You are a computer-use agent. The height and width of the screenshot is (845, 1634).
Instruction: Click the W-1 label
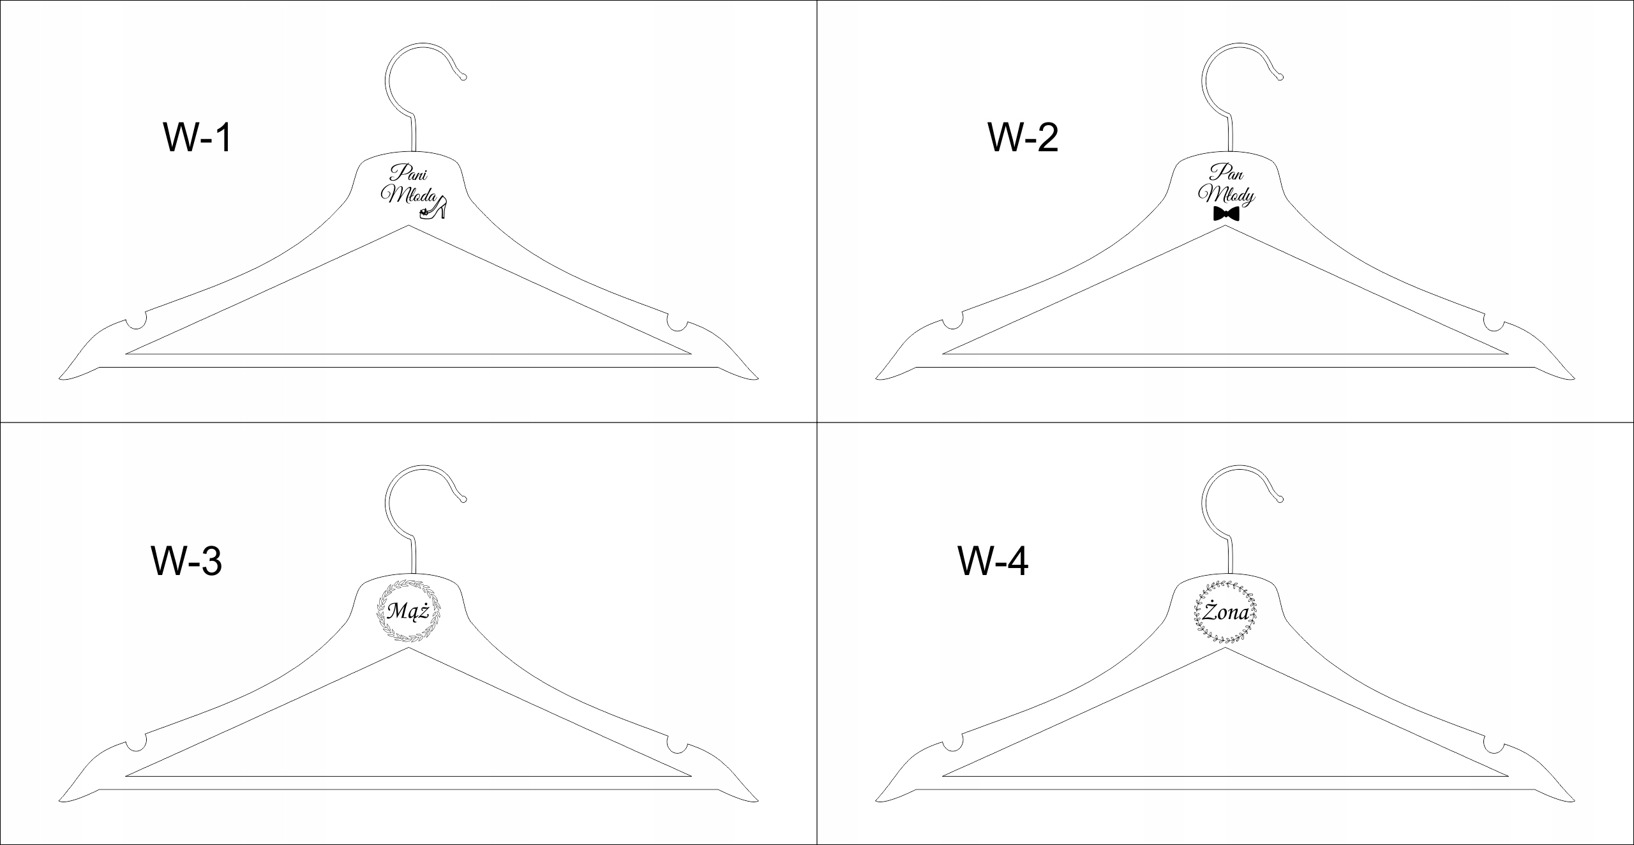(198, 138)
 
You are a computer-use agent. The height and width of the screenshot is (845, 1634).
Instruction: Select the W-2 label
(1023, 138)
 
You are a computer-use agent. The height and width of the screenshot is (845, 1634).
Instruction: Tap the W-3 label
(186, 561)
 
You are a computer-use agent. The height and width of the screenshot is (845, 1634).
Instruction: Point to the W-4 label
(993, 561)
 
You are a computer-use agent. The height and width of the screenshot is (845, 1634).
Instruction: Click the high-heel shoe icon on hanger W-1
(433, 209)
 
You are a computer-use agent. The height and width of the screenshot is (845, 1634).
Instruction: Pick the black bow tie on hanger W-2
(1226, 214)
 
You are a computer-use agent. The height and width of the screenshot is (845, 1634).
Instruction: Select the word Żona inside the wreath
(1225, 613)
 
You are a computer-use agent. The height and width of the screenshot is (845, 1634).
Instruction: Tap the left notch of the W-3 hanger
(136, 744)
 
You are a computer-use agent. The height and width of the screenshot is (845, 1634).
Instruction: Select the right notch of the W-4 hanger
(1494, 744)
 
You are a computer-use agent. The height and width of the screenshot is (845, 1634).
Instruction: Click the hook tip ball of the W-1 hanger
(463, 77)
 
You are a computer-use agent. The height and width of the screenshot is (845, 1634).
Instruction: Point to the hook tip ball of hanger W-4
(1280, 499)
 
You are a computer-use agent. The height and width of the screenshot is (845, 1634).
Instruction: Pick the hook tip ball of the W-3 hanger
(463, 499)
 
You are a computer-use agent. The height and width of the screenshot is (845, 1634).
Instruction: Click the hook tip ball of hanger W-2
(1280, 77)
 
